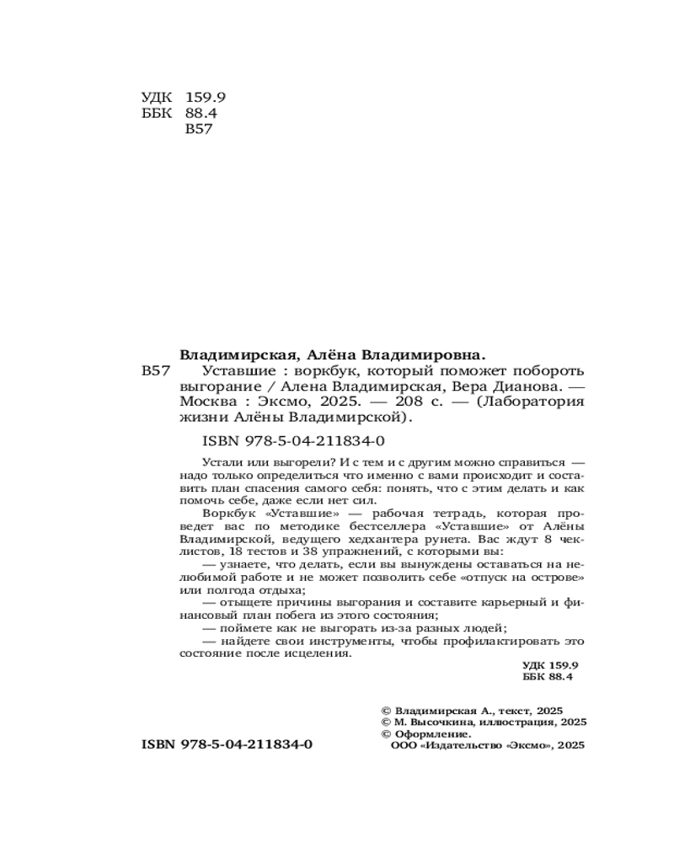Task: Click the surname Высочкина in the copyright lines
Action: click(x=441, y=722)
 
